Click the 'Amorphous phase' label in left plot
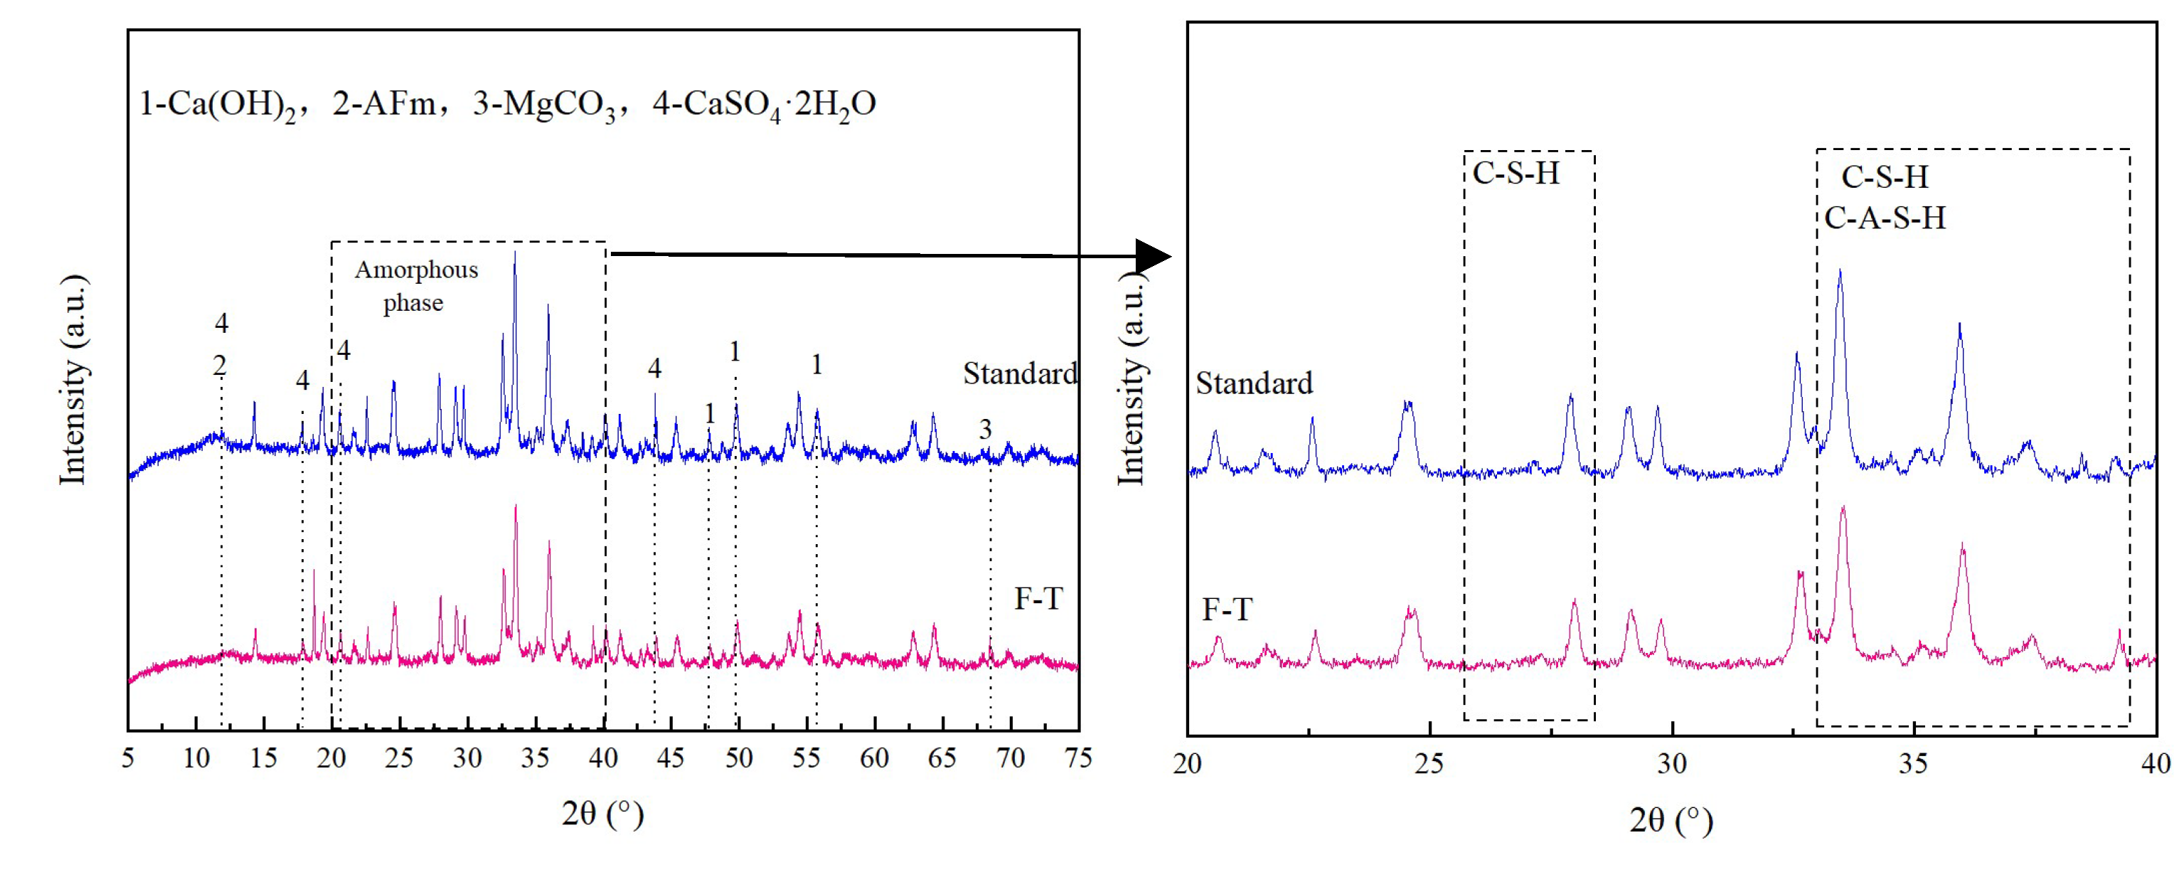point(415,286)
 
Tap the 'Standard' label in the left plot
point(1019,373)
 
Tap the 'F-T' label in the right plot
point(1226,609)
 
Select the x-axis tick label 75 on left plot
point(1077,758)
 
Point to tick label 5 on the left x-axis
point(128,758)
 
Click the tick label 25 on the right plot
point(1429,764)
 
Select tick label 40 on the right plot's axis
point(2155,764)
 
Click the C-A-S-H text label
point(1885,218)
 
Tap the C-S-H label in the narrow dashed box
point(1516,173)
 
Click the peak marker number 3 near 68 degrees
point(985,429)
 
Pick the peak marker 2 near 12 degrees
point(220,366)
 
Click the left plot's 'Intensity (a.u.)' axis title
point(73,380)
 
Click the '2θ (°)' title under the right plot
point(1671,820)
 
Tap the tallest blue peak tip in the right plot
point(1839,272)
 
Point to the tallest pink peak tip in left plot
point(516,506)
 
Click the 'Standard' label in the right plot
point(1254,383)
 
